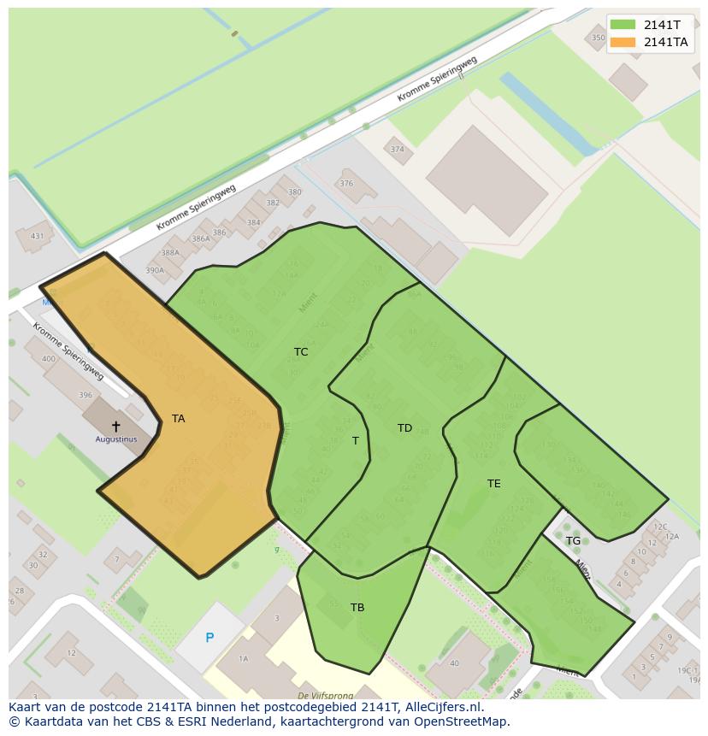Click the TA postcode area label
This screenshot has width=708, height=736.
(x=178, y=419)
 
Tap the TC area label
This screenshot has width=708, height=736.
(x=301, y=352)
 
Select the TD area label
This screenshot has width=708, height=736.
(x=404, y=428)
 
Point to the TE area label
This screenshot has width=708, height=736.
(x=494, y=484)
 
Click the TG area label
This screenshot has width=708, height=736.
(x=573, y=541)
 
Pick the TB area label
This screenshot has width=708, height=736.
(x=357, y=608)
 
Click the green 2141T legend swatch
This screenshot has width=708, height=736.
(x=623, y=25)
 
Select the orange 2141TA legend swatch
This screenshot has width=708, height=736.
(x=623, y=42)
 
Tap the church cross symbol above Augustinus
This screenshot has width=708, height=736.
(x=116, y=426)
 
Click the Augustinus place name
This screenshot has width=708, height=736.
(x=116, y=439)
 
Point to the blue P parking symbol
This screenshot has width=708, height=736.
(x=209, y=638)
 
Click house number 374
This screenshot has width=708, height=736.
(x=397, y=150)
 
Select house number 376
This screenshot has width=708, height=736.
(x=346, y=184)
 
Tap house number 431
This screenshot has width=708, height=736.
(x=37, y=237)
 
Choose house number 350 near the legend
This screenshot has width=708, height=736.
(x=598, y=38)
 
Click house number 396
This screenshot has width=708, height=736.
(x=86, y=396)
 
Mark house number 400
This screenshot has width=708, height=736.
(x=49, y=359)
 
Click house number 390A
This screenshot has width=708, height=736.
(x=155, y=271)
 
